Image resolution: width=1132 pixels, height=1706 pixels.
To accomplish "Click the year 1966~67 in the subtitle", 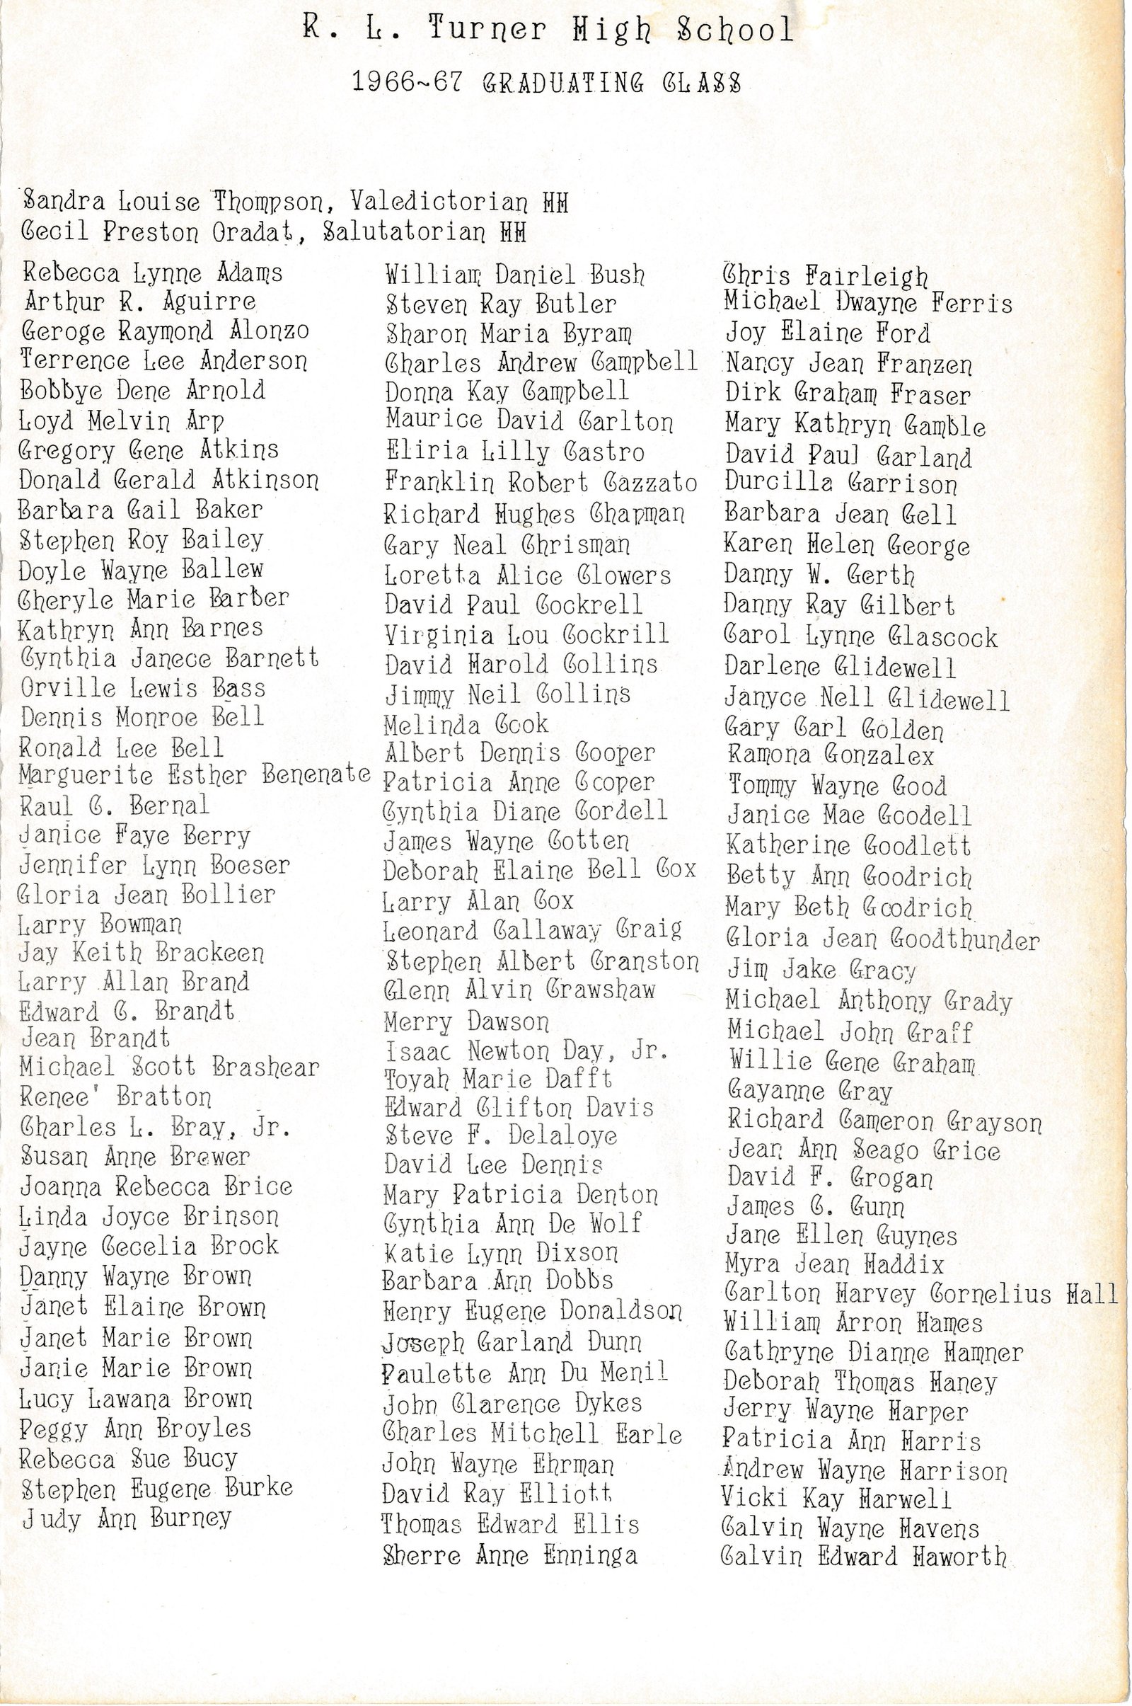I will pyautogui.click(x=406, y=82).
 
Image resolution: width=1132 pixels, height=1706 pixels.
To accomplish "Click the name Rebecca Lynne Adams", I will pyautogui.click(x=152, y=274).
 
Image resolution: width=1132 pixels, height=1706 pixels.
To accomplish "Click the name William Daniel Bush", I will pyautogui.click(x=515, y=275).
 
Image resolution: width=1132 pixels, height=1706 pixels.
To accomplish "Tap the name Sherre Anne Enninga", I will pyautogui.click(x=509, y=1555).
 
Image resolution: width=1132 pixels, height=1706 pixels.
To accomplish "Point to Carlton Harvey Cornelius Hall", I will pyautogui.click(x=921, y=1293).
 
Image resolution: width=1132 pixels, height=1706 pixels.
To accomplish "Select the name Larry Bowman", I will pyautogui.click(x=100, y=924).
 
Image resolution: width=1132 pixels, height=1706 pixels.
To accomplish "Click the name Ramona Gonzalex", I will pyautogui.click(x=830, y=755).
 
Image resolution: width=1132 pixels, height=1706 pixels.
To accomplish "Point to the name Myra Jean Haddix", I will pyautogui.click(x=835, y=1264).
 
